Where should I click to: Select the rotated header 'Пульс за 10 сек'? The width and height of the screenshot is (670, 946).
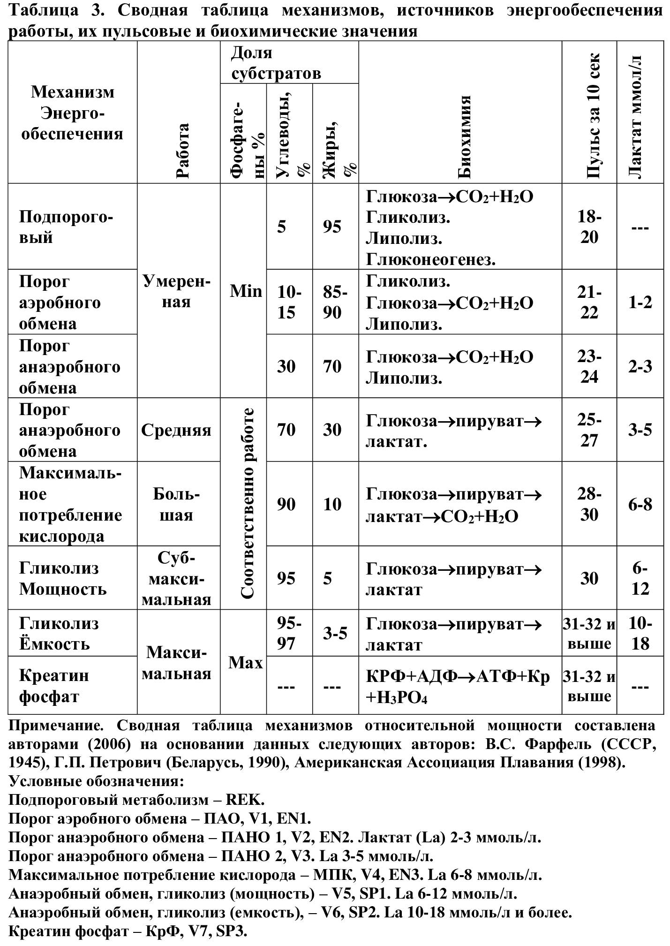(592, 115)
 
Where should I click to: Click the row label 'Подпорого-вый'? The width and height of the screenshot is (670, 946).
(66, 227)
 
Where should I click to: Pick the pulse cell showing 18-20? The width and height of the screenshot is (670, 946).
(589, 227)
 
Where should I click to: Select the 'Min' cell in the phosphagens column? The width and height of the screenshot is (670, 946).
(245, 291)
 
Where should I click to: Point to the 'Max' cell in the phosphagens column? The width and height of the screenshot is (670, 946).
(245, 663)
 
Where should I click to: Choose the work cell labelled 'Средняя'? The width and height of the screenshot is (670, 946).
(176, 430)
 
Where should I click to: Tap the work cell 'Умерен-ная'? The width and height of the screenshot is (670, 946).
(176, 291)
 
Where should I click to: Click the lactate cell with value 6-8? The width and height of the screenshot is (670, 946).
(640, 505)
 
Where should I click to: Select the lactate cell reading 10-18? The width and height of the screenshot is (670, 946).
(640, 633)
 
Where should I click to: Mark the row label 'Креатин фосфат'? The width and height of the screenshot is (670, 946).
(54, 686)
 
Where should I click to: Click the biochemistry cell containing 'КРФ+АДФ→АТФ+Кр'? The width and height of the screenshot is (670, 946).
(457, 677)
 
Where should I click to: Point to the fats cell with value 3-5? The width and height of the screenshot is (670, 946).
(335, 634)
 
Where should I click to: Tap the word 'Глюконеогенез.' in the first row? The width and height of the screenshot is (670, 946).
(430, 259)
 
